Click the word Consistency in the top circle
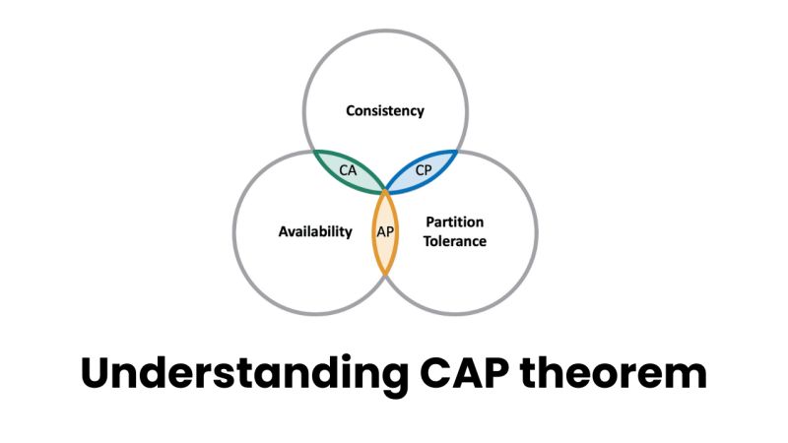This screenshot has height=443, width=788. pyautogui.click(x=385, y=110)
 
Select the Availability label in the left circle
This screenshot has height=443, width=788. pyautogui.click(x=315, y=232)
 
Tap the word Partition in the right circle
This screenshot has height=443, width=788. pyautogui.click(x=456, y=221)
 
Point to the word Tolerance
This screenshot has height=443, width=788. pyautogui.click(x=456, y=241)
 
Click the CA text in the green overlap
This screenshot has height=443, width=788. pyautogui.click(x=348, y=169)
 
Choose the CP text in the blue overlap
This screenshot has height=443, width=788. pyautogui.click(x=424, y=169)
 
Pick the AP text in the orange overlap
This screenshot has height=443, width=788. pyautogui.click(x=385, y=232)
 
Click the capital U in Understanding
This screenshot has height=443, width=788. pyautogui.click(x=96, y=374)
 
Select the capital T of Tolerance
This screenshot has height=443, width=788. pyautogui.click(x=429, y=241)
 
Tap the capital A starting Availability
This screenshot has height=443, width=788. pyautogui.click(x=283, y=232)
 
